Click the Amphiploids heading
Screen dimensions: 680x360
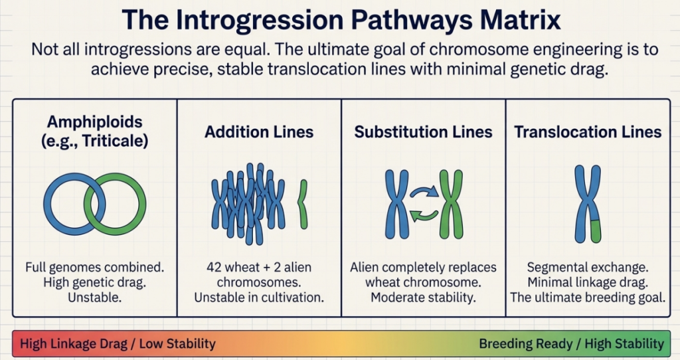click(x=94, y=122)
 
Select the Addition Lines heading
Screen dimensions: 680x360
click(x=259, y=132)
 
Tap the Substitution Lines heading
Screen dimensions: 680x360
click(x=423, y=132)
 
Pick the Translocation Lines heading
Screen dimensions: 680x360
click(x=588, y=132)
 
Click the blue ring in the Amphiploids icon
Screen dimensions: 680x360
click(x=47, y=204)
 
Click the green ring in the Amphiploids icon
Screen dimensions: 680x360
click(x=143, y=204)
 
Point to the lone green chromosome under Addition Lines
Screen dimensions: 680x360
click(x=303, y=204)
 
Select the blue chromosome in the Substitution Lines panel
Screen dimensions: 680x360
click(x=397, y=204)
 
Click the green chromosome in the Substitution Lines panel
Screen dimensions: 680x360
click(x=451, y=204)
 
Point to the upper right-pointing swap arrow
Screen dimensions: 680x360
click(x=424, y=190)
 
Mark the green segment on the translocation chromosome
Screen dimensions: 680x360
click(x=595, y=231)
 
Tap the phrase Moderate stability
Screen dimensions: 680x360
click(x=423, y=298)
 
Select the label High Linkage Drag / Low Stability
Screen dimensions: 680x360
click(x=118, y=344)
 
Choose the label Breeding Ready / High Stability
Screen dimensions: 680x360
click(x=571, y=344)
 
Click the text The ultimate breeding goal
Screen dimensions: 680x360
click(x=588, y=298)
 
